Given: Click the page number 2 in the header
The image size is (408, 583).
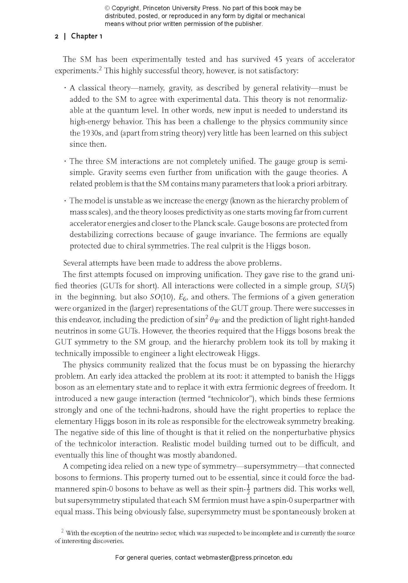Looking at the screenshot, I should [x=57, y=36].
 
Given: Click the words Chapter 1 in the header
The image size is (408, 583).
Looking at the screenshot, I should [x=86, y=36].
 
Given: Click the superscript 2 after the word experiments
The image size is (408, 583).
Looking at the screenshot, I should [x=100, y=69].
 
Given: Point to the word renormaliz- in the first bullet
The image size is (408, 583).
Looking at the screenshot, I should [x=329, y=99].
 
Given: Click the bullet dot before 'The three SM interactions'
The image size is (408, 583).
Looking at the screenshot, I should [x=65, y=162].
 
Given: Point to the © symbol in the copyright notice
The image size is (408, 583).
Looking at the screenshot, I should [x=107, y=8].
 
